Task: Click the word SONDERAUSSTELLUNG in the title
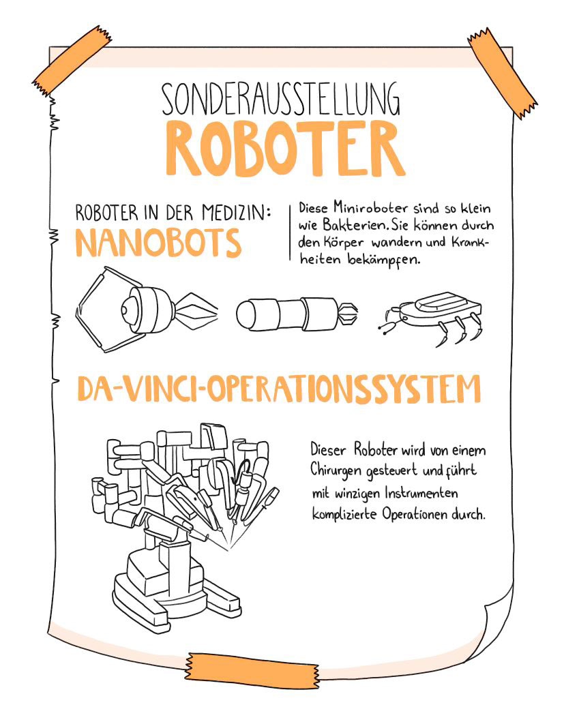coord(280,100)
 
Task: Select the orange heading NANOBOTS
coord(158,243)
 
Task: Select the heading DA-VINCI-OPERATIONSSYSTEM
coord(278,389)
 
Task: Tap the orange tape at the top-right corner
coord(503,72)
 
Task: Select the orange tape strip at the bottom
coord(252,667)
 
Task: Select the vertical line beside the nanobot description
coord(291,231)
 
